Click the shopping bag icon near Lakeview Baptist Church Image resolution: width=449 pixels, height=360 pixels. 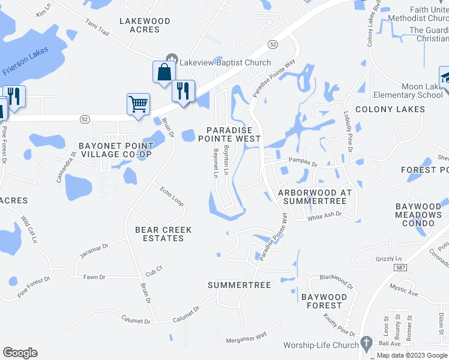(163, 72)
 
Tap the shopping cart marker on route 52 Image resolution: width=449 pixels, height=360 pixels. (138, 104)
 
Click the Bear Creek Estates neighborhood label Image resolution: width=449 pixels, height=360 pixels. (163, 234)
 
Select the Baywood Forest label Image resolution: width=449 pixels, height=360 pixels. (324, 301)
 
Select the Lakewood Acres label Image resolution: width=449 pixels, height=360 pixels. (145, 25)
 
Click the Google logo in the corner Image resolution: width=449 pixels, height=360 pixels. (20, 353)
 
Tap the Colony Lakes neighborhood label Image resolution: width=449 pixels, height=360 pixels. (390, 109)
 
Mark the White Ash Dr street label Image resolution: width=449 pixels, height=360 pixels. (324, 217)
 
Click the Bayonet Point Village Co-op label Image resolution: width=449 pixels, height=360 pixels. (115, 150)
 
